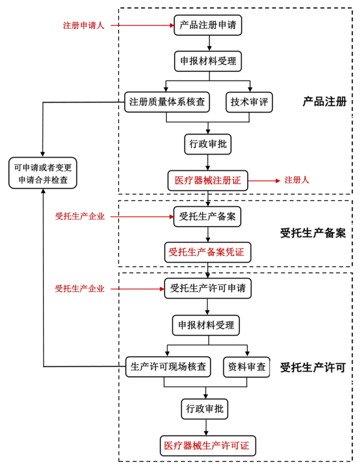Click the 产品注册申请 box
208,25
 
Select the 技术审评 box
249,102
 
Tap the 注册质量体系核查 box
167,102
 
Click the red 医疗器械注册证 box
208,181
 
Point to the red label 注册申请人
83,26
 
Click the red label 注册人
296,180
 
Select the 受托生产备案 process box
208,217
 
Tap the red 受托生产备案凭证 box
208,252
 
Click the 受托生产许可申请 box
208,288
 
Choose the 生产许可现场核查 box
168,366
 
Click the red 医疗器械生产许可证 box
208,446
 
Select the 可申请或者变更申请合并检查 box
43,173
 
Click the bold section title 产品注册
325,102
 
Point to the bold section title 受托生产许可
313,368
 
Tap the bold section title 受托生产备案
313,233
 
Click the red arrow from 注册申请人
142,26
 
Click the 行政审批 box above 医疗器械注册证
208,144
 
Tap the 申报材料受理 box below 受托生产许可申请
208,326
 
